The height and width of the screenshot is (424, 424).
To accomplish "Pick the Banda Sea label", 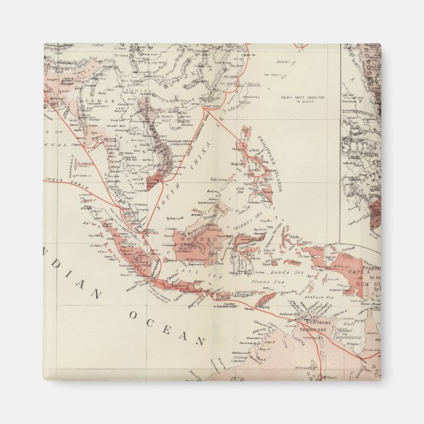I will (287, 271).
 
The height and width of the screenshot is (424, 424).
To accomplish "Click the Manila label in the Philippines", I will (236, 164).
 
